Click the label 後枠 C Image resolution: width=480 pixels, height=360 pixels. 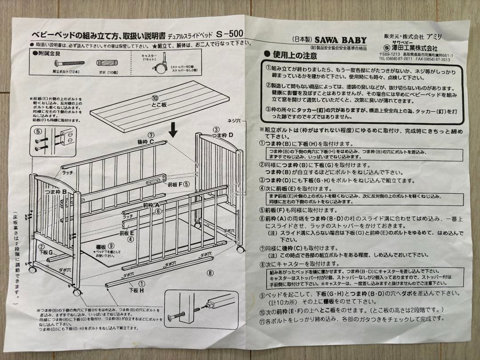click(x=146, y=142)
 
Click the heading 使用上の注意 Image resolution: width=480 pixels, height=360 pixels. click(x=295, y=56)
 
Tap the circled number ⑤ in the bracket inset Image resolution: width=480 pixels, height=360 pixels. click(x=38, y=131)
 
